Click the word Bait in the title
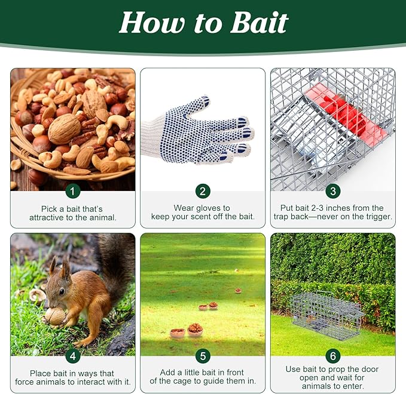[259, 23]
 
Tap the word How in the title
[152, 23]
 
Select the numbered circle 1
[73, 191]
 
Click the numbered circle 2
[203, 191]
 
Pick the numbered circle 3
[333, 191]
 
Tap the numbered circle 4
[73, 356]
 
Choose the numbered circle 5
[203, 356]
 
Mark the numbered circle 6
[333, 356]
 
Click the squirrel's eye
[62, 292]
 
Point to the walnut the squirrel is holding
[55, 316]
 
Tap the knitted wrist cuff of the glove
[152, 134]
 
